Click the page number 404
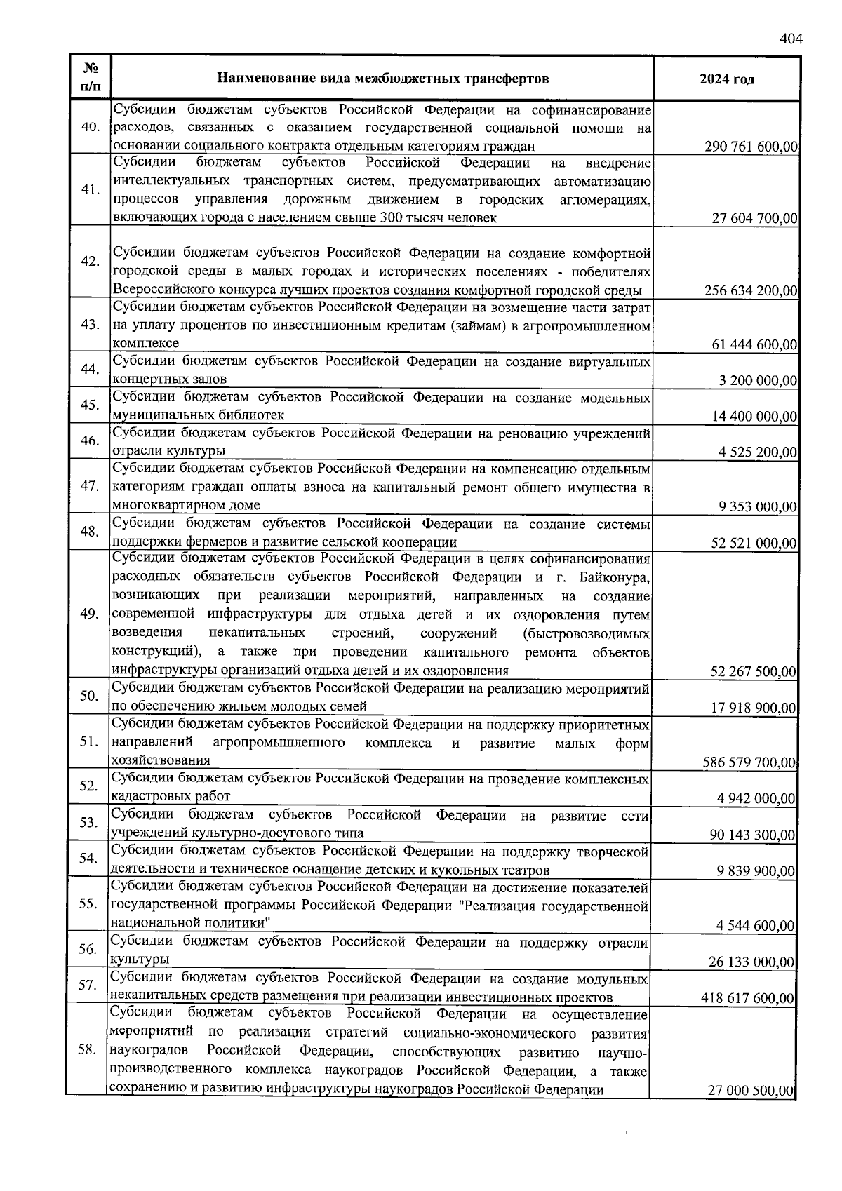click(790, 39)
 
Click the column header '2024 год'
click(726, 79)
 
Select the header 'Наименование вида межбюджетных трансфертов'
click(382, 79)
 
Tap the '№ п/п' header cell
click(90, 79)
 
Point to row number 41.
click(90, 190)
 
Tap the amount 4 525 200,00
click(758, 452)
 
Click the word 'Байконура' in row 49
click(615, 578)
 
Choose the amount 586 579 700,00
click(749, 762)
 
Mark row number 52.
click(88, 786)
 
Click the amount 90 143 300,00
click(753, 835)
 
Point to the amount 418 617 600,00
click(748, 998)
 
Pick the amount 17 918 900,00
click(753, 708)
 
